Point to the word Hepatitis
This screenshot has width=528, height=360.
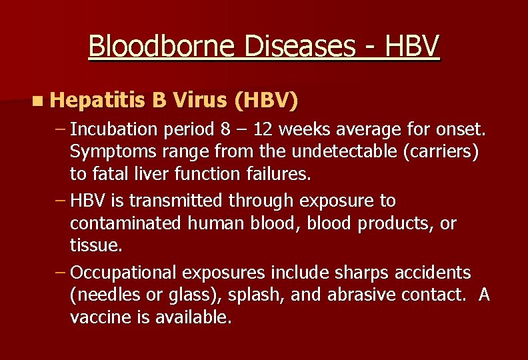[97, 101]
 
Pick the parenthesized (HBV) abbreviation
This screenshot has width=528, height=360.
[266, 101]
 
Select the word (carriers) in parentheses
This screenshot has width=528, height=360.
[442, 151]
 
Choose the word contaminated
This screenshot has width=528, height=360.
[125, 223]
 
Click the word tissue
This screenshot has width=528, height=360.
[96, 246]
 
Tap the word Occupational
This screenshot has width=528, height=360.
[123, 273]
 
